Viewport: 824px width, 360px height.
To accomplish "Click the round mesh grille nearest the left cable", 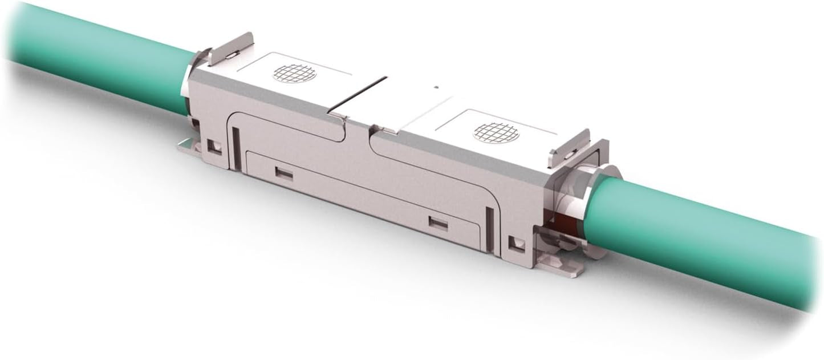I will coord(294,73).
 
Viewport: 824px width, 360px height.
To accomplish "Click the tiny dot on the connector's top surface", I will coord(436,87).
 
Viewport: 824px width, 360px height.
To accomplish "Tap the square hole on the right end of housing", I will coord(517,245).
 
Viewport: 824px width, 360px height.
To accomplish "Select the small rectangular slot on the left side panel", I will coord(283,172).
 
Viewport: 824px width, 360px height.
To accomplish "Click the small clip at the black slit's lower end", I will coord(336,116).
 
